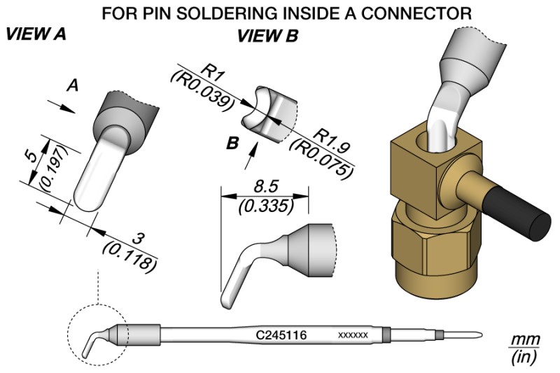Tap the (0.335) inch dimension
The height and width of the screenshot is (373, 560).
coord(265,206)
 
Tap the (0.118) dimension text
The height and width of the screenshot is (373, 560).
coord(129,257)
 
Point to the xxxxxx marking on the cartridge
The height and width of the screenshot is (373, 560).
coord(353,337)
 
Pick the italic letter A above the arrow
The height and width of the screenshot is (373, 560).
coord(71,85)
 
